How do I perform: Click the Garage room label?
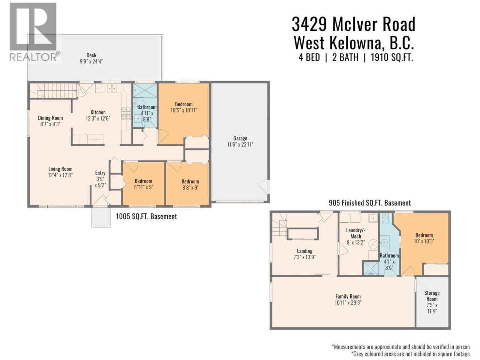click(240, 138)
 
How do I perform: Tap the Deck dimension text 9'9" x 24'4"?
click(91, 61)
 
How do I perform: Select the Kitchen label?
click(98, 112)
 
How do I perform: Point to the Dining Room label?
click(50, 118)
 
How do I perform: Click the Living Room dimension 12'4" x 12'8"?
click(60, 175)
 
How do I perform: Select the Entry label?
click(100, 173)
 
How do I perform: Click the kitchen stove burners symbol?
click(126, 113)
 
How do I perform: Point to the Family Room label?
click(348, 296)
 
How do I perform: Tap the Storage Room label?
click(432, 296)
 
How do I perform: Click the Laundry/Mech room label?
click(356, 233)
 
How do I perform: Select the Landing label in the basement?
click(304, 251)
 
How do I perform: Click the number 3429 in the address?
click(309, 24)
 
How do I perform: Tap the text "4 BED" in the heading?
click(309, 57)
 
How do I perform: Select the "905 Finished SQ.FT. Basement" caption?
click(370, 203)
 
